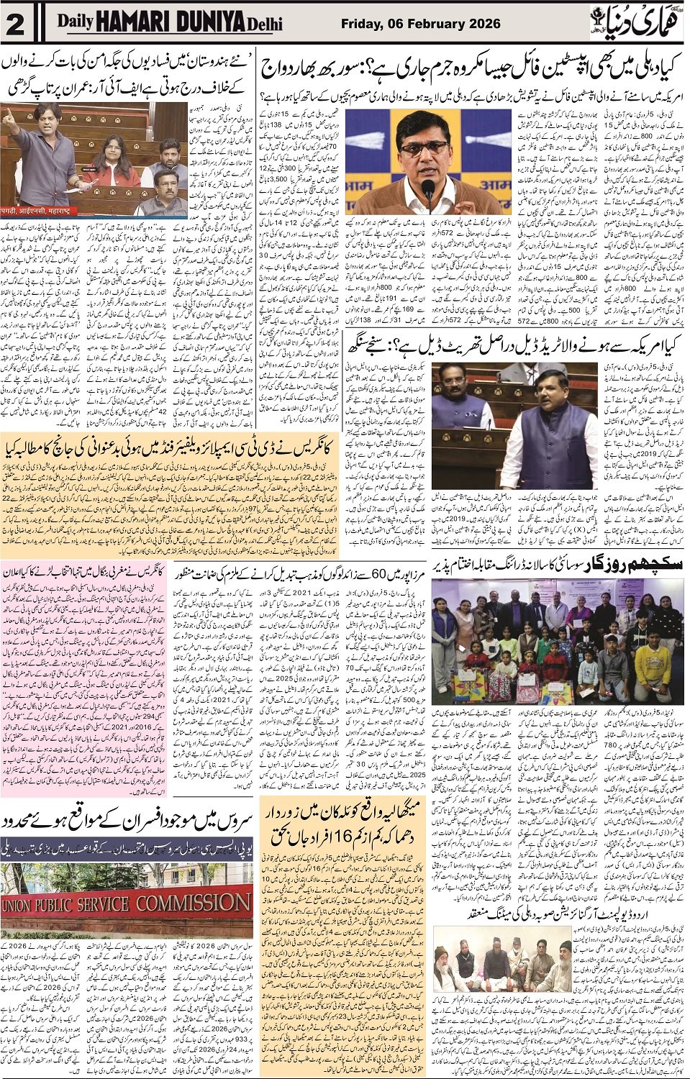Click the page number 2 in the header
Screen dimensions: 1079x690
(x=16, y=24)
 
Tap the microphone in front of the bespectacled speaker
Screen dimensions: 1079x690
(x=427, y=191)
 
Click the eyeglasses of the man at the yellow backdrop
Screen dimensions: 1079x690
(x=425, y=150)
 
